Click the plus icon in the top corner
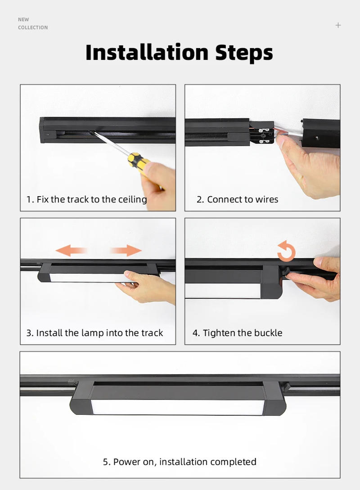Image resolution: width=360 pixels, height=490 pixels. (x=338, y=25)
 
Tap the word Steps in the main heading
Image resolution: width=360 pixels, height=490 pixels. (x=244, y=53)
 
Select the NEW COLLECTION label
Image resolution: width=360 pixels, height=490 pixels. (x=32, y=23)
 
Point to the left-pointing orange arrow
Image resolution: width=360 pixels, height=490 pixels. (x=71, y=250)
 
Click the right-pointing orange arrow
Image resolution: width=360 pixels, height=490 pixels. (x=126, y=250)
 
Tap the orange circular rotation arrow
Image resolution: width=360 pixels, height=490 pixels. (x=286, y=252)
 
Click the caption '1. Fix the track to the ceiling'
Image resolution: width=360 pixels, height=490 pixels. (x=86, y=199)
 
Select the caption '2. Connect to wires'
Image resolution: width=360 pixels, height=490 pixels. (x=237, y=199)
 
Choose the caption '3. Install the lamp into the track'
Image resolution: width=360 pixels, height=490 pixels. (x=94, y=333)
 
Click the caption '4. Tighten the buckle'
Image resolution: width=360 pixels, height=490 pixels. (x=237, y=333)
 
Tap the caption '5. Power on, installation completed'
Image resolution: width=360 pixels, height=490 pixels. (x=180, y=462)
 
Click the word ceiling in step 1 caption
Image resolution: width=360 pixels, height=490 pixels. (x=133, y=199)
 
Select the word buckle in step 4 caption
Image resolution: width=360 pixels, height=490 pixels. (x=268, y=333)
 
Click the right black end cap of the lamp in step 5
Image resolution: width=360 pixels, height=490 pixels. (x=274, y=400)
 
